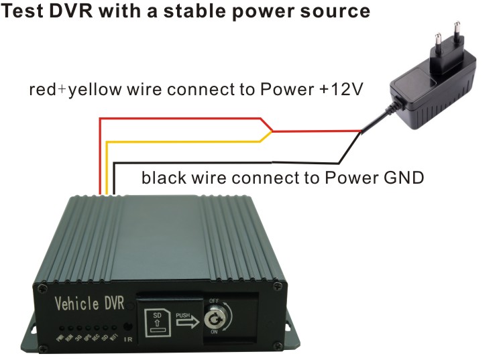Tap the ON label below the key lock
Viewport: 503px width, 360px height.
point(213,331)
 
